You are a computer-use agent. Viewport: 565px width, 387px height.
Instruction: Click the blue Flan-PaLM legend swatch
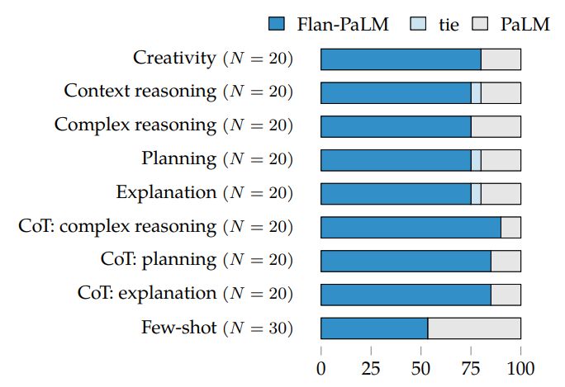(277, 24)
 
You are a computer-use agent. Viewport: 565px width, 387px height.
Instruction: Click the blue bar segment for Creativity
(401, 59)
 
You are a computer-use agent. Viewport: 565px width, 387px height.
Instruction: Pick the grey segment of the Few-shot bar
(474, 328)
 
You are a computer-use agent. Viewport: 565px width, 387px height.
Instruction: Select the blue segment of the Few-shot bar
(374, 328)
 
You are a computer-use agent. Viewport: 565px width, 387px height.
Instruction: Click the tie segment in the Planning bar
(476, 160)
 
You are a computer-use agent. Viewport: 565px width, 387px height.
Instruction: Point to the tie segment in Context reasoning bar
(476, 92)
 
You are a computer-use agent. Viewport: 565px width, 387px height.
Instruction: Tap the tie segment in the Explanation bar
(476, 193)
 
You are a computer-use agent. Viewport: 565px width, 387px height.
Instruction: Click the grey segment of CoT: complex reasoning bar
(510, 227)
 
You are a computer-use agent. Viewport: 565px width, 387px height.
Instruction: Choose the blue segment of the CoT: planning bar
(406, 261)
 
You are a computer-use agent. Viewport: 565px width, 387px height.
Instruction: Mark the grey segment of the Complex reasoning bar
(496, 126)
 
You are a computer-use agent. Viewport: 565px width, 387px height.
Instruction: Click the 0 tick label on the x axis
(321, 367)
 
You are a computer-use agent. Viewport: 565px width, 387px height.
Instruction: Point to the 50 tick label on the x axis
(421, 367)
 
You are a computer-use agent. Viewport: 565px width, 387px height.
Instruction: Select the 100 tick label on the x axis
(520, 367)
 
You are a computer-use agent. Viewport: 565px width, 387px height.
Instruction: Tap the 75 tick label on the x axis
(471, 367)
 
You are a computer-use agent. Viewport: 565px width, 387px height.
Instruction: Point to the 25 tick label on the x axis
(371, 367)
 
